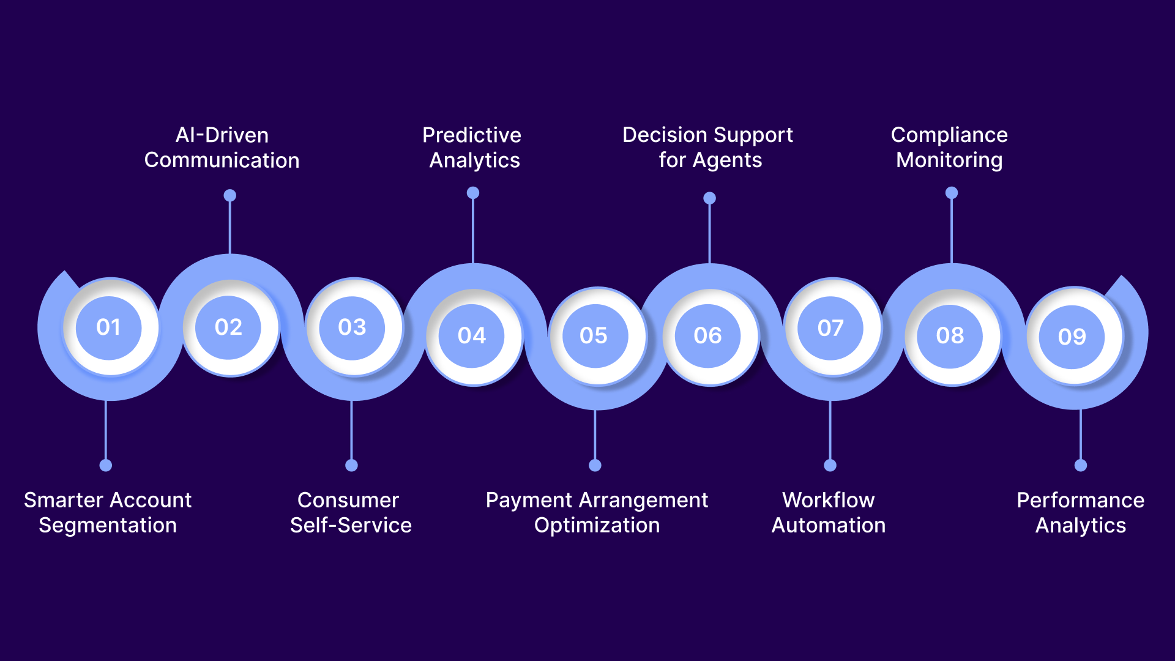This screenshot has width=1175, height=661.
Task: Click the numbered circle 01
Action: [108, 327]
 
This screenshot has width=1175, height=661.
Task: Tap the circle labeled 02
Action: [228, 327]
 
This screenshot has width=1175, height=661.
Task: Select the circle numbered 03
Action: [352, 327]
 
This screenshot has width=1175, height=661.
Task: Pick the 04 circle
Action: [472, 335]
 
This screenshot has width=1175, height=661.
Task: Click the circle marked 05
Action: [594, 335]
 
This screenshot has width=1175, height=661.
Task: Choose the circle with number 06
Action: [707, 335]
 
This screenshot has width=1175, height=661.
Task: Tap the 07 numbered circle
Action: [830, 328]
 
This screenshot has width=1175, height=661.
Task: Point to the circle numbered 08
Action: [950, 335]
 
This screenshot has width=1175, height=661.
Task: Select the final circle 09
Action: [1072, 337]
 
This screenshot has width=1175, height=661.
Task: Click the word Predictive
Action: [471, 135]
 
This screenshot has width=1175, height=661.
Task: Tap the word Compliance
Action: [949, 135]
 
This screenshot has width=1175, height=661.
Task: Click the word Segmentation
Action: [108, 525]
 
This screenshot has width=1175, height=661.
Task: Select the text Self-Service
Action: [351, 525]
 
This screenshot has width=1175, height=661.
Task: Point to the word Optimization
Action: [597, 525]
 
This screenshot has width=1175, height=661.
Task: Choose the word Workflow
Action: [828, 500]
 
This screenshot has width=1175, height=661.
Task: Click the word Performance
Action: [1080, 500]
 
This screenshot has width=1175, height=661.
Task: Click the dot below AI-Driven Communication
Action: [229, 195]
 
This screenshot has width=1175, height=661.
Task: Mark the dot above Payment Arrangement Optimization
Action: [595, 465]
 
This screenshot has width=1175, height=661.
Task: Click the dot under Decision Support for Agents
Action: [709, 198]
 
